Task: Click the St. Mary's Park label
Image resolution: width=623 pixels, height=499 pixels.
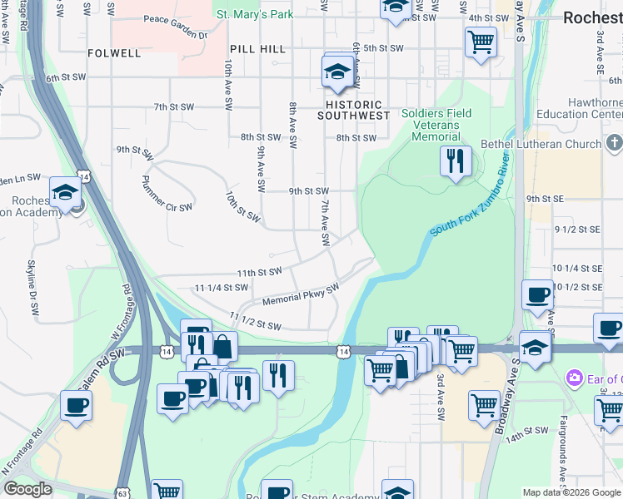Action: pyautogui.click(x=254, y=14)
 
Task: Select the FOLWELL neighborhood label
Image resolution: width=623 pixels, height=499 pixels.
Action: pyautogui.click(x=114, y=53)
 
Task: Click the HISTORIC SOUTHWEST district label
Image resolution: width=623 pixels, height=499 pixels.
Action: pyautogui.click(x=353, y=110)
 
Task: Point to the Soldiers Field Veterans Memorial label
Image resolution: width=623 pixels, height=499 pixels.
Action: pyautogui.click(x=436, y=125)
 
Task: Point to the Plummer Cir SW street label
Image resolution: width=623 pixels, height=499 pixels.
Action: pyautogui.click(x=167, y=193)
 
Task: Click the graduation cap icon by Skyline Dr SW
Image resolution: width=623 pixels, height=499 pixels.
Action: pyautogui.click(x=65, y=192)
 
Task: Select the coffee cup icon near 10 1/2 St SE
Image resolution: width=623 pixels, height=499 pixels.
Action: pyautogui.click(x=537, y=294)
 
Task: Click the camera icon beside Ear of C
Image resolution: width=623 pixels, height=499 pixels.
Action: pyautogui.click(x=574, y=379)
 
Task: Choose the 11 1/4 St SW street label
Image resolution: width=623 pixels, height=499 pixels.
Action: pyautogui.click(x=222, y=288)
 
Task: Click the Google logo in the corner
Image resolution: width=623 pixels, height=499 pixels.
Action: pyautogui.click(x=27, y=489)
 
